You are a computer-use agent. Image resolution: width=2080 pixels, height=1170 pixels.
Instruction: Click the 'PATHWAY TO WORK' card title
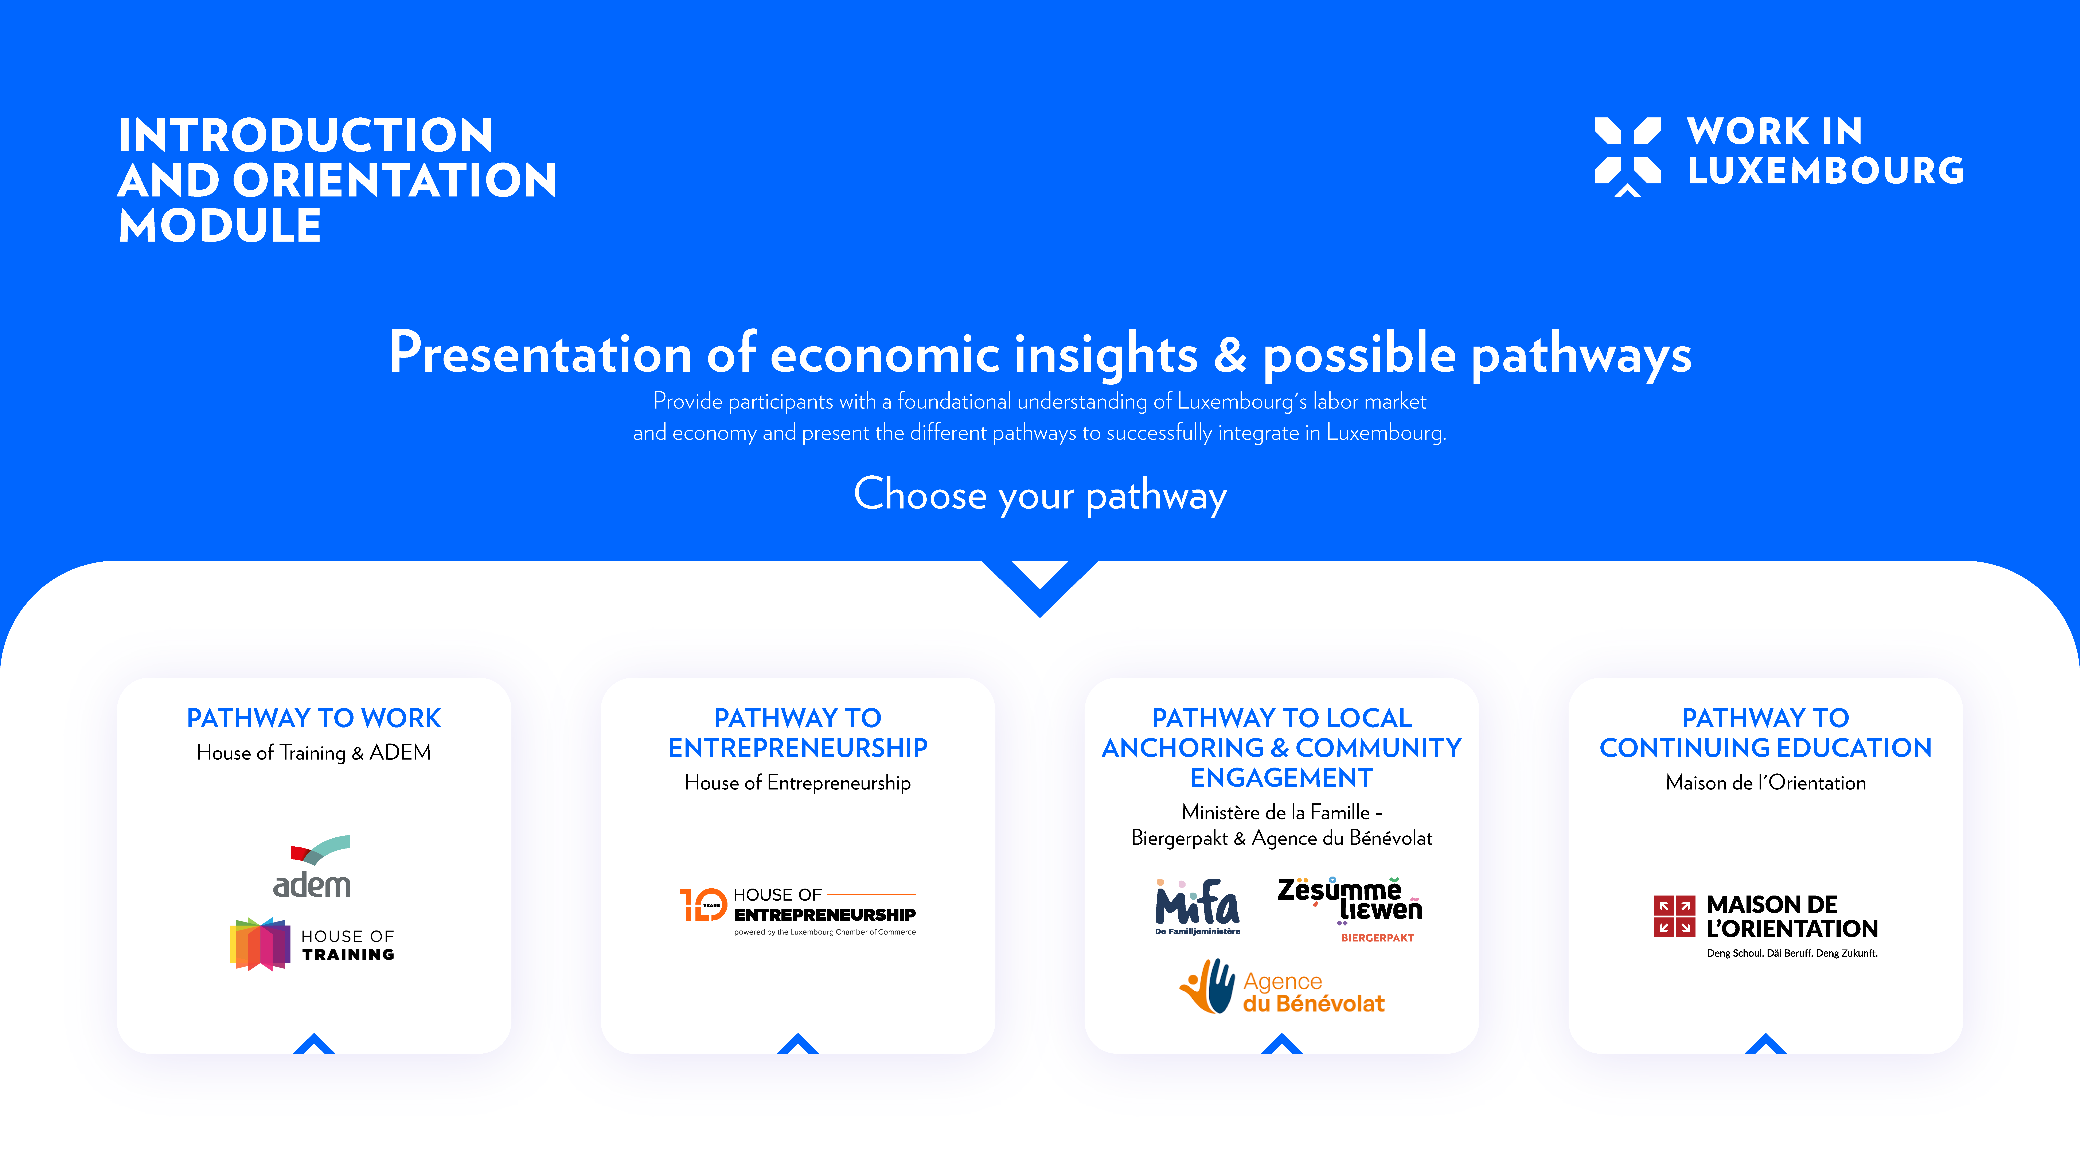[x=314, y=718]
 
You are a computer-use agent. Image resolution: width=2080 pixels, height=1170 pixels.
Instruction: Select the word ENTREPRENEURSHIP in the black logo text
[x=824, y=915]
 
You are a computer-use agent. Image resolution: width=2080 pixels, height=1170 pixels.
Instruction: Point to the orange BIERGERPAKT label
[x=1378, y=938]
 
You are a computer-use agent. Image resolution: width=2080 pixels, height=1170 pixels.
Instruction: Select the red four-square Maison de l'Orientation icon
[x=1674, y=916]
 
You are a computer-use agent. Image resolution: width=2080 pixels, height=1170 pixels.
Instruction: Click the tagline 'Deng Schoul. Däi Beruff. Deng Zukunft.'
[x=1792, y=953]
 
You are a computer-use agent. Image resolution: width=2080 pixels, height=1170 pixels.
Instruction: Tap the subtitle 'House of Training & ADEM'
[x=314, y=753]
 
